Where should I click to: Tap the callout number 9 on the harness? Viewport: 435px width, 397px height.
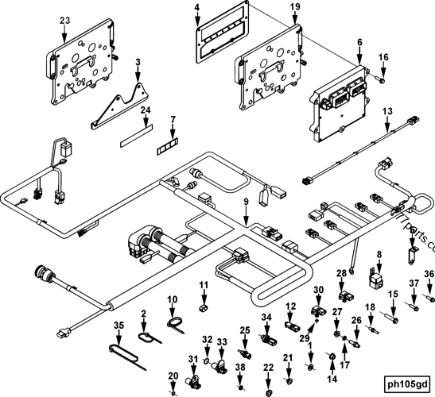tap(247, 202)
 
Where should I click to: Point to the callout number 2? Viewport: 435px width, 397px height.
tap(143, 314)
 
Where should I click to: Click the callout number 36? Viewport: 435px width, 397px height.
tap(428, 275)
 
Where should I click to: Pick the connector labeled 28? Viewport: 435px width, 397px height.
tap(344, 295)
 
